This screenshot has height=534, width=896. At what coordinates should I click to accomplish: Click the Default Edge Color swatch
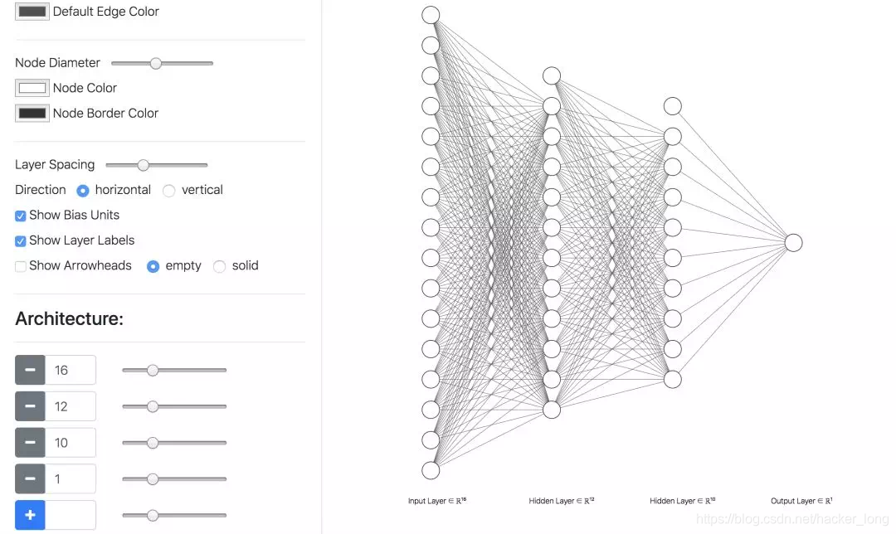click(32, 12)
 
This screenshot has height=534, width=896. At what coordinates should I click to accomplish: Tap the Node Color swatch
click(32, 88)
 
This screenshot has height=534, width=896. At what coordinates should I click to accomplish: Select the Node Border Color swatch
click(32, 113)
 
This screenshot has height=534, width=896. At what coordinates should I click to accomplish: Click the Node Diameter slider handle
click(155, 63)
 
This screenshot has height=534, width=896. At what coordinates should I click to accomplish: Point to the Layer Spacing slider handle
click(143, 165)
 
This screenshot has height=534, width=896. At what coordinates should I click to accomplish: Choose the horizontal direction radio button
click(83, 191)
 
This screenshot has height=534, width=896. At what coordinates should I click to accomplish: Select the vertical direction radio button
click(168, 191)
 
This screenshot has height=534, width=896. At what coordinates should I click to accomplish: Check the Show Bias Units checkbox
click(21, 216)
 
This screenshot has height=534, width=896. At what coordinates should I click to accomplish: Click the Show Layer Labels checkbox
click(21, 241)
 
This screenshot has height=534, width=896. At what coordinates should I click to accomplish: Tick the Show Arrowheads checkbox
click(21, 266)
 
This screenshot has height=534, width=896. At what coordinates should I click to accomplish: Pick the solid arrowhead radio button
click(219, 266)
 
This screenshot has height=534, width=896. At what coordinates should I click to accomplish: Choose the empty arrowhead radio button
click(153, 266)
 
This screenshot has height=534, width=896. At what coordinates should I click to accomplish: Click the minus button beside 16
click(31, 370)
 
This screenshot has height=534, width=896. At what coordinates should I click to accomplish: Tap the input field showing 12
click(71, 406)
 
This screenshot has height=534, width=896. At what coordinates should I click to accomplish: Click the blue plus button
click(31, 515)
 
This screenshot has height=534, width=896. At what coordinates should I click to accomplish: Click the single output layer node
click(793, 243)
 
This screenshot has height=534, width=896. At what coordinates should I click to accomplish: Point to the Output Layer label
click(801, 501)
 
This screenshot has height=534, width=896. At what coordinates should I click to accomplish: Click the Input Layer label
click(437, 501)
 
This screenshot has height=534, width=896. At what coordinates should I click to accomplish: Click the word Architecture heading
click(69, 318)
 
